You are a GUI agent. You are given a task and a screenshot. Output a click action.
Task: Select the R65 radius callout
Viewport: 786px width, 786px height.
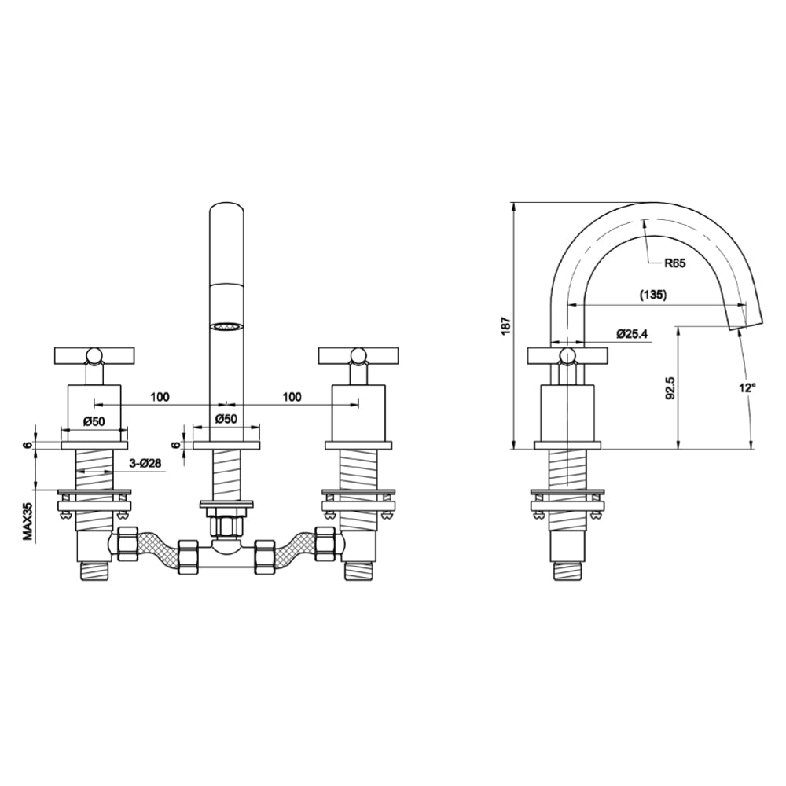coord(674,263)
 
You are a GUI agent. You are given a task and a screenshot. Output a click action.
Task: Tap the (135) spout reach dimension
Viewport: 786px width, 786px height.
coord(652,295)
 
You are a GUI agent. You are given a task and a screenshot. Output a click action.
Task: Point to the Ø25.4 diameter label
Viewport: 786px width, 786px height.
coord(631,334)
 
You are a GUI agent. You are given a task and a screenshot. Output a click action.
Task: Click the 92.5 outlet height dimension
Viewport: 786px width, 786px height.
coord(669,388)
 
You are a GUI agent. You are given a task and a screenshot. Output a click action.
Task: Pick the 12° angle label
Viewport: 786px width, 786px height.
coord(747,387)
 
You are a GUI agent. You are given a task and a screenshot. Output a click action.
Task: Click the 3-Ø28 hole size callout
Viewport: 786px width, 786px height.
coord(145,464)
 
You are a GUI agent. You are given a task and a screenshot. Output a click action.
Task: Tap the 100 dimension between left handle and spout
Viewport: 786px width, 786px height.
coord(160,397)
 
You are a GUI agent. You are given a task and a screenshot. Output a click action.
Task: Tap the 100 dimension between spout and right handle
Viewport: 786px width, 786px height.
coord(292,397)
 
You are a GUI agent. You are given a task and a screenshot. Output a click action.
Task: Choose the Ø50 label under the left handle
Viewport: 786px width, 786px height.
coord(94,421)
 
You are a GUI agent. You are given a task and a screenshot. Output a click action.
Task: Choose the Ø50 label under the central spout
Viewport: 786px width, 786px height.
coord(226,421)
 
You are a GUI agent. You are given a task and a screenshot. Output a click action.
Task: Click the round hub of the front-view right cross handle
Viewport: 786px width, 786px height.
coord(358,357)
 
